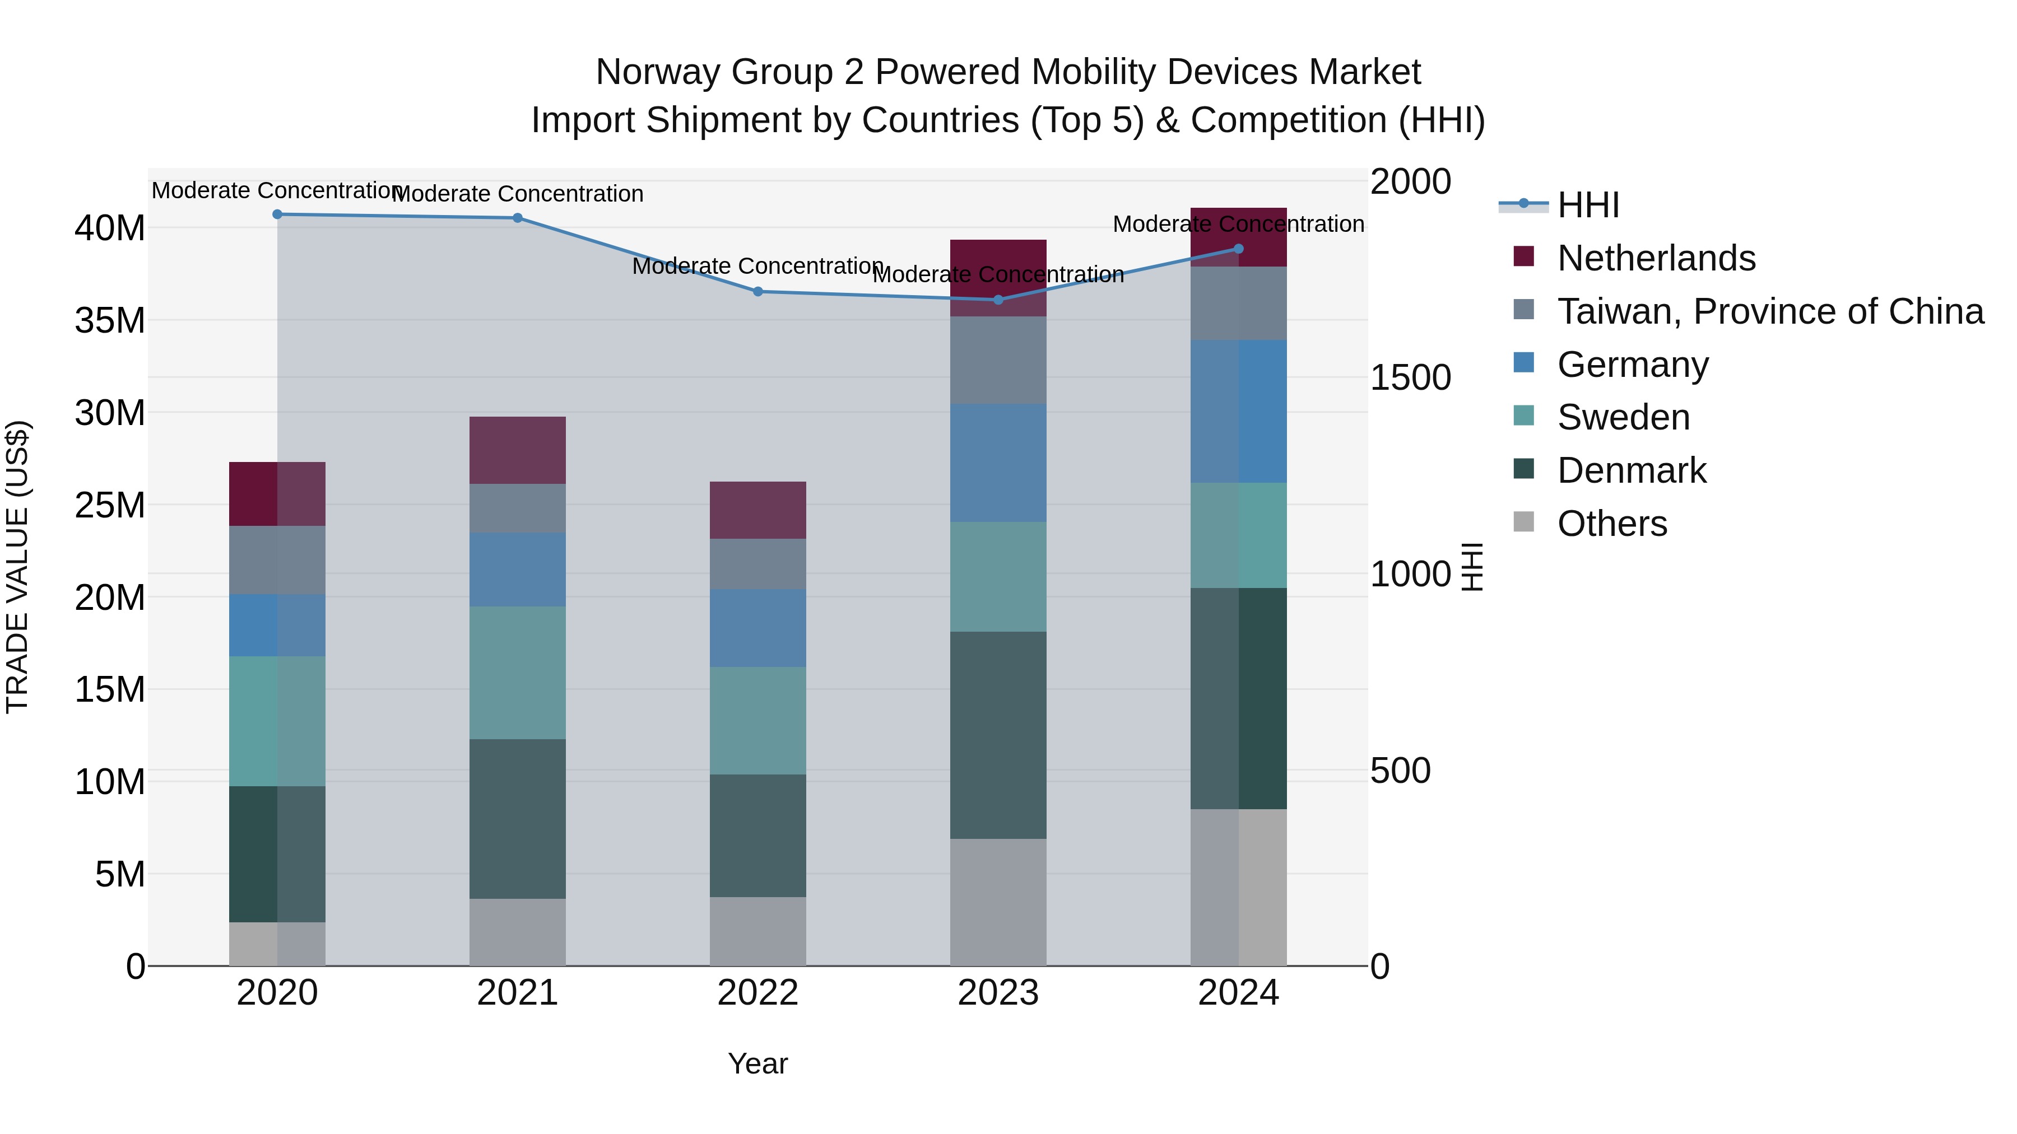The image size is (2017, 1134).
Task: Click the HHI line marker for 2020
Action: [x=277, y=214]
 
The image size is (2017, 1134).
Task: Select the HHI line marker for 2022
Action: [x=758, y=292]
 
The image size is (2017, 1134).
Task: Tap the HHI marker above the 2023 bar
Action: [x=998, y=300]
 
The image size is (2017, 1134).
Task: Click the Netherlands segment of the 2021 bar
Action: [x=518, y=450]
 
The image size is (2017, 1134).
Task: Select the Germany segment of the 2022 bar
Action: [x=758, y=628]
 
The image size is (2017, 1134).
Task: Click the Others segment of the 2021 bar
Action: [x=518, y=931]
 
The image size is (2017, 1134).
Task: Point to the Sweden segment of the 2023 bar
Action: [x=998, y=577]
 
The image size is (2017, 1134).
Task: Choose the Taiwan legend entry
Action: [x=1769, y=311]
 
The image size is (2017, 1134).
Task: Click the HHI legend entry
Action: [x=1588, y=205]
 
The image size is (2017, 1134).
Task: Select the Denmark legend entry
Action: [x=1631, y=470]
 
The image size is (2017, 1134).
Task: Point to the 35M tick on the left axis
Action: [x=110, y=321]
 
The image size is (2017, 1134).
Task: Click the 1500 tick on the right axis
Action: [x=1410, y=378]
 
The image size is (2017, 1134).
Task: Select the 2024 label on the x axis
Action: [x=1238, y=993]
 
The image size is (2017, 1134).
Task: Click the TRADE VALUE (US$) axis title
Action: [x=17, y=567]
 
